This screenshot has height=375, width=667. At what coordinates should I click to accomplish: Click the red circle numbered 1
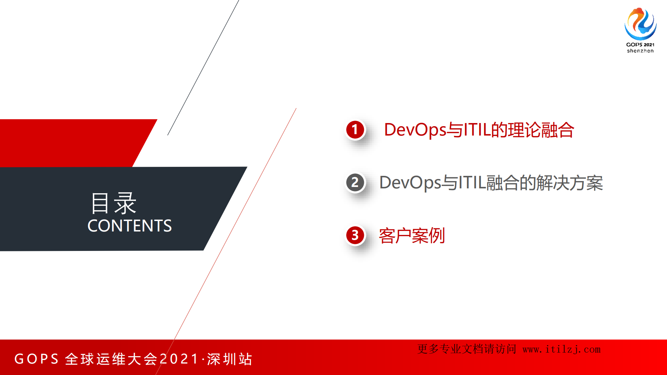[355, 130]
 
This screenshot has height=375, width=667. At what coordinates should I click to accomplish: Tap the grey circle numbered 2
[355, 182]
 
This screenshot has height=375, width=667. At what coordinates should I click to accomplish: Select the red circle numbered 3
[355, 235]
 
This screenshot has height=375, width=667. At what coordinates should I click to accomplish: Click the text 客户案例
[412, 236]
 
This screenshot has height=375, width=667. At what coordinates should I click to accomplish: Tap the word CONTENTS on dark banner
[130, 226]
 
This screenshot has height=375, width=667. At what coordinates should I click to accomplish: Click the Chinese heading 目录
[113, 203]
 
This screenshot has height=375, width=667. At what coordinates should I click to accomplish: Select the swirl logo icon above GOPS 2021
[640, 24]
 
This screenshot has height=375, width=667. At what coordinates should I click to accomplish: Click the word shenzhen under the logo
[640, 51]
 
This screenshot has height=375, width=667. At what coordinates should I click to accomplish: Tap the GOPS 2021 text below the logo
[640, 44]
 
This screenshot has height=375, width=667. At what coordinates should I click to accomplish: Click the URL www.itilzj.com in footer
[561, 349]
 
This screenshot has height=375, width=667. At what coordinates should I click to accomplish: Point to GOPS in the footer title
[36, 359]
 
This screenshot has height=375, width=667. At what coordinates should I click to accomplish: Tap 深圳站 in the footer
[230, 359]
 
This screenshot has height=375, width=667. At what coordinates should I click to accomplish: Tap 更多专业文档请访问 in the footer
[467, 349]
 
